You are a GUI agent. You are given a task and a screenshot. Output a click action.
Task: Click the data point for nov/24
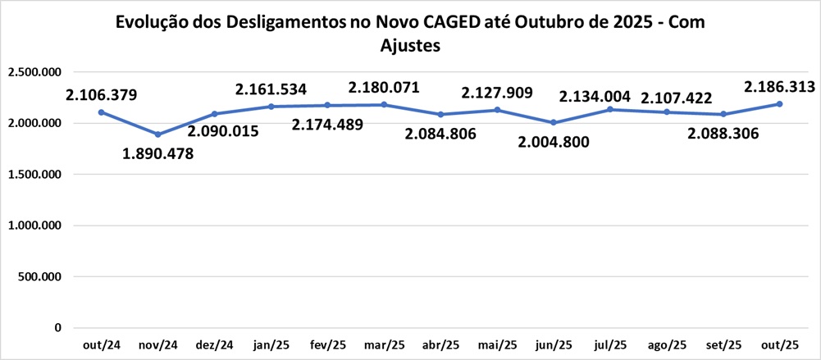[157, 134]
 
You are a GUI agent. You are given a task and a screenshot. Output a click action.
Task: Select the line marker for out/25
[779, 104]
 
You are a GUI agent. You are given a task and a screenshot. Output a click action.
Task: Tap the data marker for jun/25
[554, 123]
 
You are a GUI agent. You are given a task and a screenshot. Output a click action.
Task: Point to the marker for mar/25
[384, 104]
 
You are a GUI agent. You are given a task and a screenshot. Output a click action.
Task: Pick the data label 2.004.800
[554, 141]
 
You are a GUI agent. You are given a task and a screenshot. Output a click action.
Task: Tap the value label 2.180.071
[384, 86]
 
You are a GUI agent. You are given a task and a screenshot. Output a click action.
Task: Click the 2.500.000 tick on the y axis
[35, 72]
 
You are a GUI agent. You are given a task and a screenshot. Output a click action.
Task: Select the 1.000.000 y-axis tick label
[35, 226]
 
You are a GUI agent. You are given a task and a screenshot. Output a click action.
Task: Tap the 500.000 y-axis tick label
[42, 277]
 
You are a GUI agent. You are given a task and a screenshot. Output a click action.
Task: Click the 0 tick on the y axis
[58, 328]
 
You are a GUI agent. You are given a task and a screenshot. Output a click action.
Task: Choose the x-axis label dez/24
[214, 345]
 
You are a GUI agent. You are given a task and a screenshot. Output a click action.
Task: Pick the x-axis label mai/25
[497, 345]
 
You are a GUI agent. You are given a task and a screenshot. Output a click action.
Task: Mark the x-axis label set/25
[723, 345]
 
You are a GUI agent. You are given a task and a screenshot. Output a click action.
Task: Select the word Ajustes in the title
[411, 47]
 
